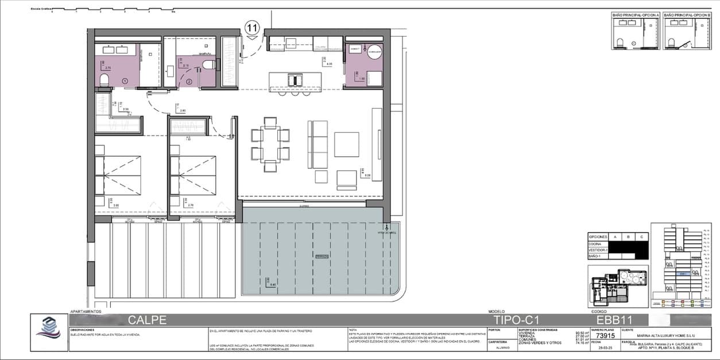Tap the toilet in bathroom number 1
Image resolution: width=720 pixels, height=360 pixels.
click(x=104, y=80)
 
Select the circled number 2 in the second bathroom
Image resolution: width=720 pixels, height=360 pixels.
click(x=189, y=82)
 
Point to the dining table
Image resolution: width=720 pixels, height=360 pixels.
click(x=270, y=144)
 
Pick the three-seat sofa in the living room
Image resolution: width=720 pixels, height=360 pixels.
click(x=318, y=144)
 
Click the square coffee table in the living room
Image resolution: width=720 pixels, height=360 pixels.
click(x=346, y=144)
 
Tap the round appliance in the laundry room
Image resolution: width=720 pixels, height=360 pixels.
click(x=374, y=51)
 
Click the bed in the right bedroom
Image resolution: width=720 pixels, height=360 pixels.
click(x=193, y=175)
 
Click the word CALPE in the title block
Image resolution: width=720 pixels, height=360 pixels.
click(x=147, y=320)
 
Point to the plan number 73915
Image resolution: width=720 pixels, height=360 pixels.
click(x=606, y=336)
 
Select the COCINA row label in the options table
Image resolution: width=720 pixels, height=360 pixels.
click(x=597, y=244)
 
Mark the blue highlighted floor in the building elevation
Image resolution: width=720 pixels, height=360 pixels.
click(x=682, y=274)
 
